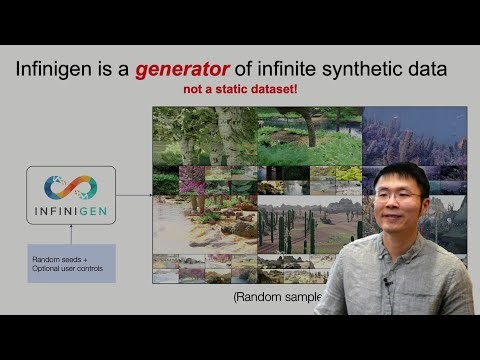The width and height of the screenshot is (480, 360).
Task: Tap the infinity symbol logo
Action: [70, 187]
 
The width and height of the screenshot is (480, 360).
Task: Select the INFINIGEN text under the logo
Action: [70, 212]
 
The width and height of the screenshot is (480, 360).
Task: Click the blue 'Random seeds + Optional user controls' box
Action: [71, 264]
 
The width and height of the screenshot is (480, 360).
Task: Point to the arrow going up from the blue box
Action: [70, 234]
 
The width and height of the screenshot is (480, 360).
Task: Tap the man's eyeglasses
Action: [397, 196]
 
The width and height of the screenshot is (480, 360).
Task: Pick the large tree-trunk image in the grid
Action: [204, 135]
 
